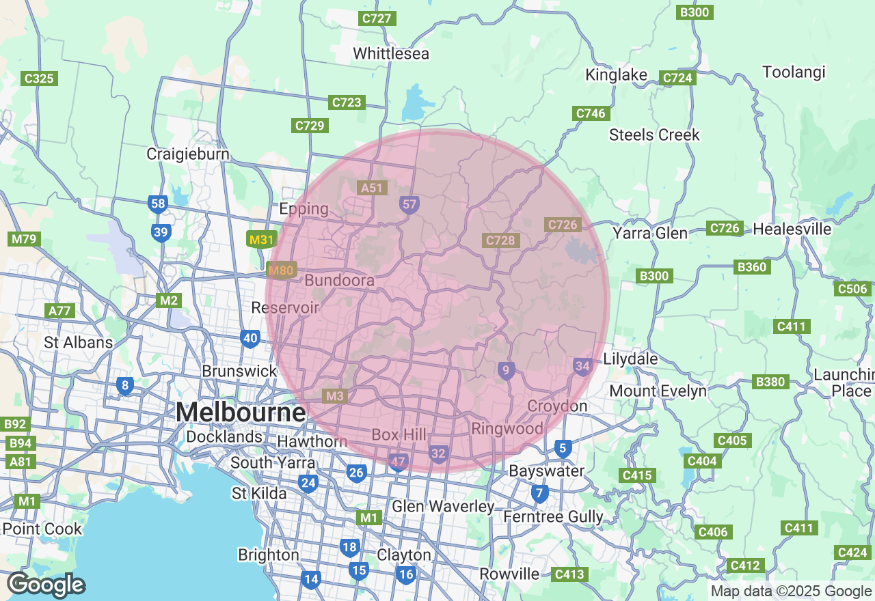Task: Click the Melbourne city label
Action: click(x=241, y=412)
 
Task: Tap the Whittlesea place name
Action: click(x=391, y=53)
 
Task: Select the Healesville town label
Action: click(x=792, y=229)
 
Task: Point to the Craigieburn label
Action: click(x=188, y=154)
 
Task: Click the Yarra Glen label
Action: click(x=649, y=234)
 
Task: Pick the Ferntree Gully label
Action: click(x=553, y=516)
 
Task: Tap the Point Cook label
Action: click(x=42, y=529)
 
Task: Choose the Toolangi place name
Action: click(x=794, y=72)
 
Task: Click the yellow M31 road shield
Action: click(x=261, y=240)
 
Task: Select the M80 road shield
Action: click(x=280, y=270)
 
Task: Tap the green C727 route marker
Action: click(x=377, y=18)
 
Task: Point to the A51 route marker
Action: click(x=373, y=187)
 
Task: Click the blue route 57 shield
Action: click(x=409, y=204)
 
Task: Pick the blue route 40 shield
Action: click(x=250, y=337)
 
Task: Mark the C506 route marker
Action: click(x=852, y=289)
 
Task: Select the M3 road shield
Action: click(x=335, y=396)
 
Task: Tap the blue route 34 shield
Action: click(x=582, y=367)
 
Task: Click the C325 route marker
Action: click(x=39, y=79)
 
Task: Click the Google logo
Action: click(x=46, y=585)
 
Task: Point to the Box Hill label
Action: click(x=399, y=434)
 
